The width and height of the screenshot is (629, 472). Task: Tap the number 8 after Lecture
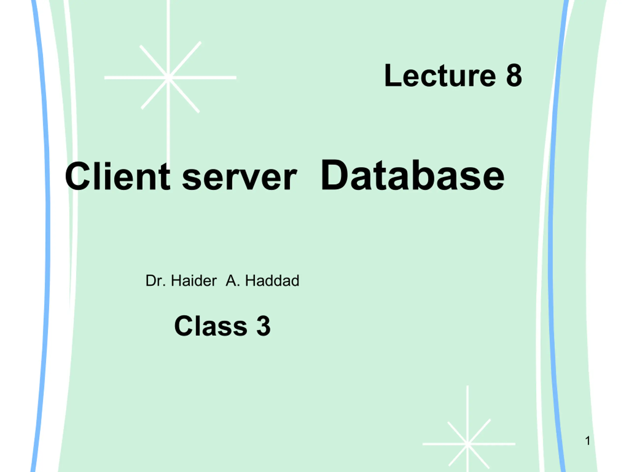pos(514,75)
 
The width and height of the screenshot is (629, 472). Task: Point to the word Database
pos(413,175)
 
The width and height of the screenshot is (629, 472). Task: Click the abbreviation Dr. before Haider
pos(156,281)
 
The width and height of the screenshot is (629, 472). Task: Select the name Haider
pos(194,281)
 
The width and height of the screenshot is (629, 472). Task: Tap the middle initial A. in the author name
pos(233,281)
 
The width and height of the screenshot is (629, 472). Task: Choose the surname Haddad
pos(272,281)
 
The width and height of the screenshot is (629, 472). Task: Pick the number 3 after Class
pos(263,326)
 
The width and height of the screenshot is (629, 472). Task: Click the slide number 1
pos(588,441)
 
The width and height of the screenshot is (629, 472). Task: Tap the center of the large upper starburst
pos(168,77)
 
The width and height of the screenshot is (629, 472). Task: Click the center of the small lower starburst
pos(468,444)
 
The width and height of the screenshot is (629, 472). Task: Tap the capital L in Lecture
pos(392,75)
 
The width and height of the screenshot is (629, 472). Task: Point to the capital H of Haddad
pos(250,281)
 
